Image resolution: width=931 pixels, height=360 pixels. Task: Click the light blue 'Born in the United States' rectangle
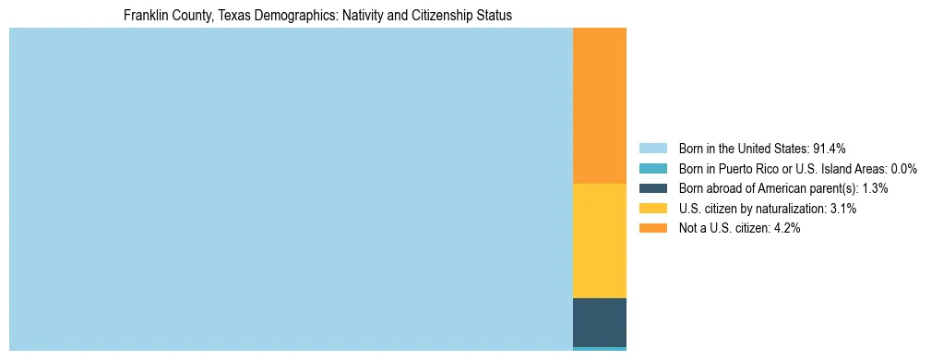click(x=291, y=189)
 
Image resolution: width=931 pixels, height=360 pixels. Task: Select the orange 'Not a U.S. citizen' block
click(x=600, y=106)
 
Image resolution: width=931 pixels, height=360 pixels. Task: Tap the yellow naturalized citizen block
click(x=600, y=241)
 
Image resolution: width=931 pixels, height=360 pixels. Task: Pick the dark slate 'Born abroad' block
click(x=600, y=322)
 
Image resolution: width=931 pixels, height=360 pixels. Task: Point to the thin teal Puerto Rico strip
click(x=600, y=349)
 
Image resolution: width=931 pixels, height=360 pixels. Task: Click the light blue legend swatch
click(x=653, y=148)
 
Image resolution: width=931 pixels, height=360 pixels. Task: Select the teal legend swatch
click(x=653, y=168)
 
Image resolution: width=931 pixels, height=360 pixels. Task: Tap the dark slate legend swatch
click(x=653, y=188)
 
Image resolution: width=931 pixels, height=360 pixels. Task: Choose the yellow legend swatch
click(x=653, y=209)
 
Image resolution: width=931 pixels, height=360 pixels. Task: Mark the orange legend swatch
click(x=653, y=228)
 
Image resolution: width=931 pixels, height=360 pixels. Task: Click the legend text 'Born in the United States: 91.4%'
click(x=762, y=148)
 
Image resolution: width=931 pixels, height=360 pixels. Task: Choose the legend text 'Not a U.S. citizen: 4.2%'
click(x=739, y=228)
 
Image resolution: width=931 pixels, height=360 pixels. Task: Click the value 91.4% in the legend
click(x=829, y=148)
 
